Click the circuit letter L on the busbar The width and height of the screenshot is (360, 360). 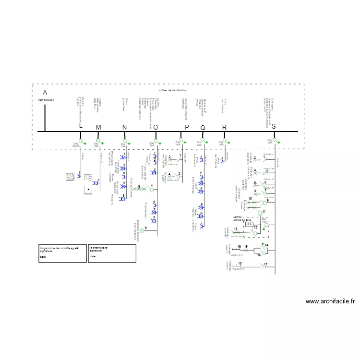point(81,126)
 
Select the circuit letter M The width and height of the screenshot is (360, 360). point(98,127)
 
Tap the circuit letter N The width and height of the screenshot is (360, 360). point(124,127)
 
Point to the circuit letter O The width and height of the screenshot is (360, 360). point(155,127)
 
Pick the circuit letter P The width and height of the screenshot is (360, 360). point(187,127)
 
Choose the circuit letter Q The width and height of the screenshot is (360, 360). point(203,128)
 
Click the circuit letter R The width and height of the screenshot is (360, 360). point(224,127)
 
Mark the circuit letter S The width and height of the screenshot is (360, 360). point(274,126)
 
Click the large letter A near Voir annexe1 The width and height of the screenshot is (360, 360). point(45,92)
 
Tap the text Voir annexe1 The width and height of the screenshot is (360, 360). point(46,100)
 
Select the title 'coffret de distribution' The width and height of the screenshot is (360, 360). point(172,90)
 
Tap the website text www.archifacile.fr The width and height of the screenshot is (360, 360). point(330,301)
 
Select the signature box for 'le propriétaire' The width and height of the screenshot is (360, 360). point(111,253)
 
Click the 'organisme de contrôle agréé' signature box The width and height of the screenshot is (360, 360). point(62,253)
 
